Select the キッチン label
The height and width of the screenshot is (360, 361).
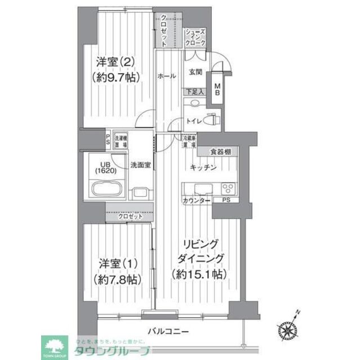click(203, 166)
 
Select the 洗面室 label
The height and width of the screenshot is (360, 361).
click(140, 165)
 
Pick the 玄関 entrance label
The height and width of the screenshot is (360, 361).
click(195, 71)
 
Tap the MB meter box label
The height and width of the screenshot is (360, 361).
click(217, 89)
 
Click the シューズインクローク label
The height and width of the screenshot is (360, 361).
click(195, 37)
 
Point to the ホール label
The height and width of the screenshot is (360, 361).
click(166, 76)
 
